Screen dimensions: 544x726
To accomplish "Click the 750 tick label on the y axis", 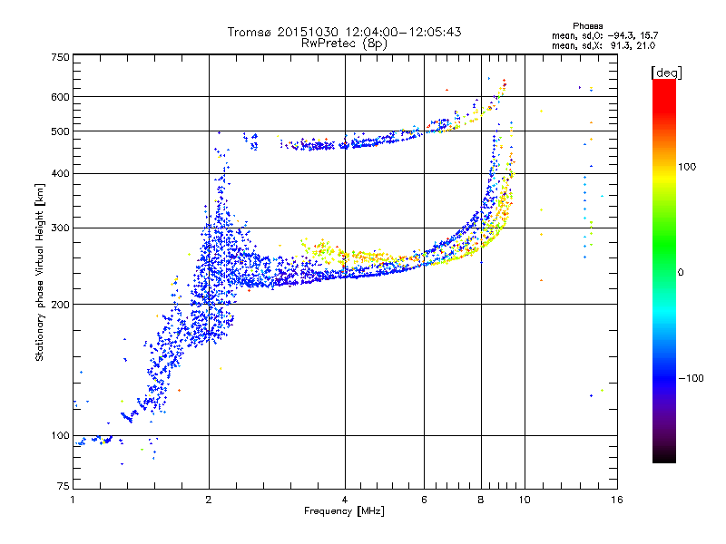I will click(61, 58).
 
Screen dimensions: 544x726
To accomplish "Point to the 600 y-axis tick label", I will click(61, 97).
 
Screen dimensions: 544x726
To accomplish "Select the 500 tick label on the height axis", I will click(61, 131).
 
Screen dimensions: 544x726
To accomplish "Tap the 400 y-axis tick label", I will click(61, 174).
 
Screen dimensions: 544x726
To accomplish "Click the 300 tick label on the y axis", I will click(61, 228).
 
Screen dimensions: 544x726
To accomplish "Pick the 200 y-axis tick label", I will click(61, 305).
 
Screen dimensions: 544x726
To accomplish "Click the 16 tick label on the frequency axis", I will click(615, 500).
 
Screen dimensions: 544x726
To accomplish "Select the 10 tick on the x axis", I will click(523, 500).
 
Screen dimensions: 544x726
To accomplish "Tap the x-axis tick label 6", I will click(424, 500).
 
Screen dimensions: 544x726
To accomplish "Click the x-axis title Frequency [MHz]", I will click(344, 512).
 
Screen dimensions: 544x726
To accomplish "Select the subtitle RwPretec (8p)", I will click(345, 43).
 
